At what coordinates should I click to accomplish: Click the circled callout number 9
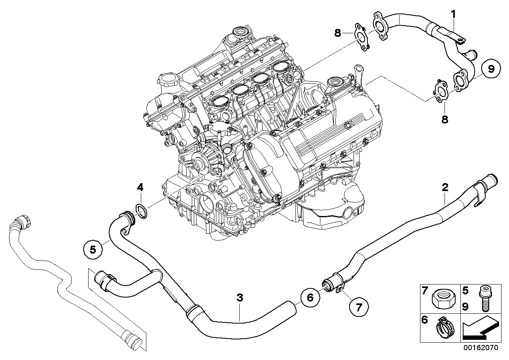[491, 70]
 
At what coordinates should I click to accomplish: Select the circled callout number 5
[92, 249]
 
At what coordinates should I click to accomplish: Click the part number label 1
[454, 15]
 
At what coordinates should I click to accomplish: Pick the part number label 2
[445, 187]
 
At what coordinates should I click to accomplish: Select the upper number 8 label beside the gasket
[337, 33]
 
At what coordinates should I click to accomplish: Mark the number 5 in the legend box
[466, 291]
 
